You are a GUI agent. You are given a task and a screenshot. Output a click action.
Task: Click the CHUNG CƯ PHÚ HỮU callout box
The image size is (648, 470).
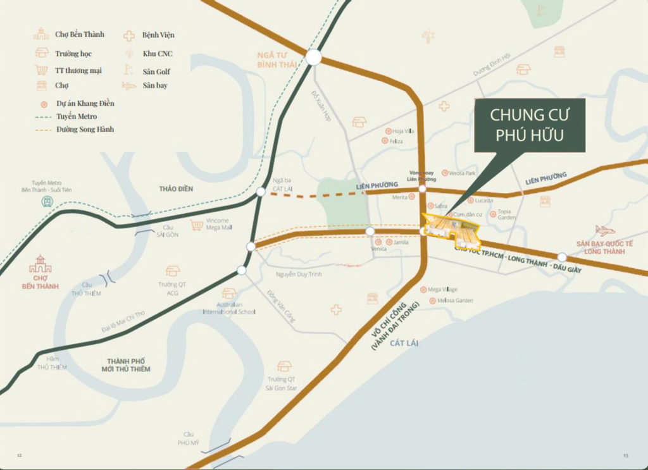click(x=530, y=125)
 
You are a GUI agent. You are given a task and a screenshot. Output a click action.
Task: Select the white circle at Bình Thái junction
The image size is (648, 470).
click(x=314, y=58)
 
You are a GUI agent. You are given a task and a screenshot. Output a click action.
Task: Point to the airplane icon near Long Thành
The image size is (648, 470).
click(x=605, y=230)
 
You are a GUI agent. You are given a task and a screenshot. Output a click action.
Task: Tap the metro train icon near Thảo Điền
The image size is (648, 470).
click(x=47, y=202)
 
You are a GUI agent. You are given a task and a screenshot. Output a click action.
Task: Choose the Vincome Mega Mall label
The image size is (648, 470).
click(x=219, y=225)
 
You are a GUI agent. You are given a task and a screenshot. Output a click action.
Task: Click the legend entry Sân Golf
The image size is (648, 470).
click(x=156, y=71)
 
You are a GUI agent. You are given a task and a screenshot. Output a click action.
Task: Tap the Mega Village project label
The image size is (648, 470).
click(x=442, y=290)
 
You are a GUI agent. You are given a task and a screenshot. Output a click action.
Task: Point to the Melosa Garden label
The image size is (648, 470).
click(x=455, y=300)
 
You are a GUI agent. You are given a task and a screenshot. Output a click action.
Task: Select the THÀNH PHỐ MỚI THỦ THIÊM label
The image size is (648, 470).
click(x=128, y=365)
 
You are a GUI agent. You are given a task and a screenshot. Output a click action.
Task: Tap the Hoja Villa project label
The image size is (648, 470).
click(x=403, y=131)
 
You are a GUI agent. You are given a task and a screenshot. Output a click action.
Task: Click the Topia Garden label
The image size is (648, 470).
click(x=506, y=214)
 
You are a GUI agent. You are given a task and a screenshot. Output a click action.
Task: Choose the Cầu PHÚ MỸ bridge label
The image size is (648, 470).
click(x=188, y=438)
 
